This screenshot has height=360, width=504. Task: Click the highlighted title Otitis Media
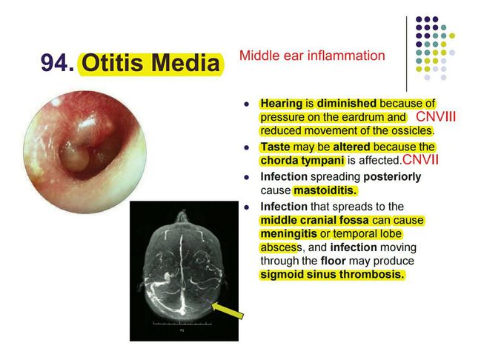pos(151,64)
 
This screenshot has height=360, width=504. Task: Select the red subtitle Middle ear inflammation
pos(312,56)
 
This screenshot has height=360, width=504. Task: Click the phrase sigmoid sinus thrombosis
pos(333,275)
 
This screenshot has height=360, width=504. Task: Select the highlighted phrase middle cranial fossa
pos(312,220)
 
